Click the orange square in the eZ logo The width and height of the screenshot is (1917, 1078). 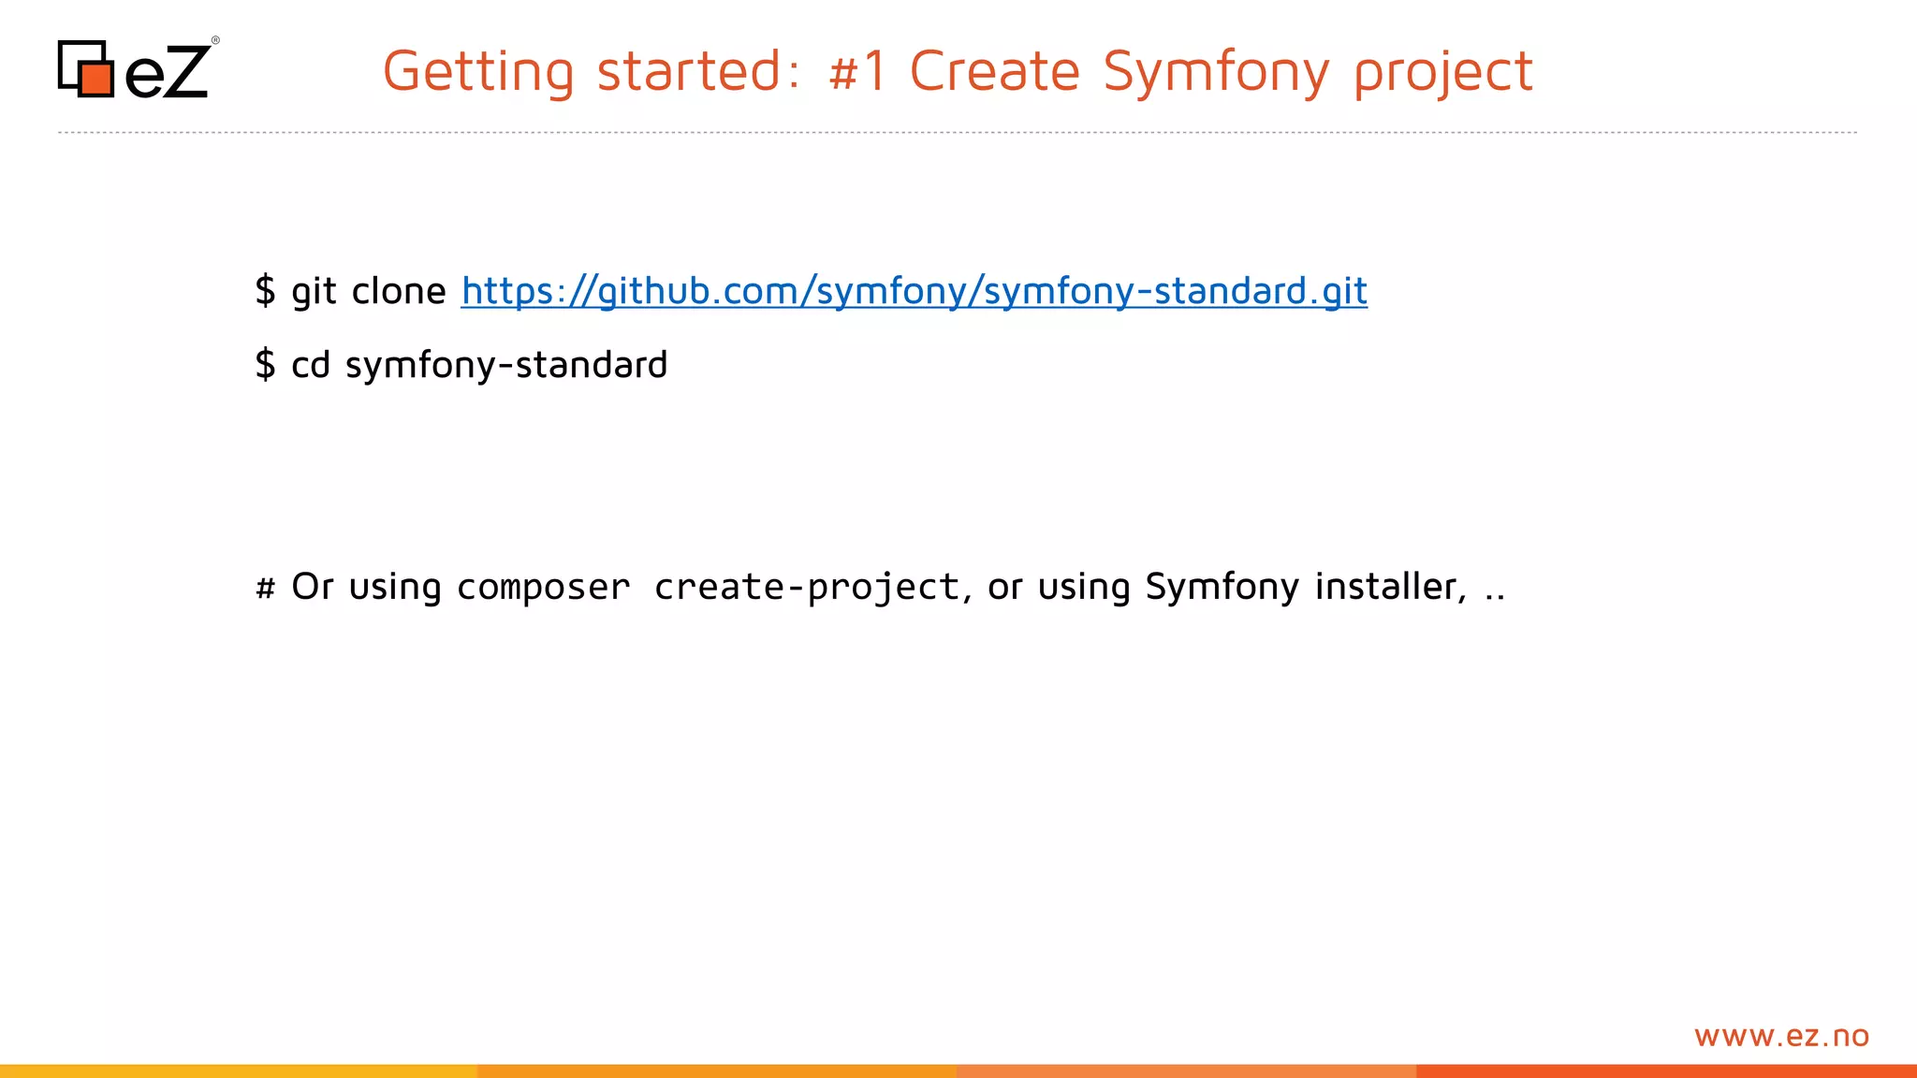95,78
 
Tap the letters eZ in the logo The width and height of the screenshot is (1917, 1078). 167,73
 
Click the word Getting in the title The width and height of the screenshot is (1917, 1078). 477,72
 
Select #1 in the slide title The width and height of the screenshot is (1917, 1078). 857,72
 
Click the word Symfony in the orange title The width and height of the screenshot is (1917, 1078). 1215,72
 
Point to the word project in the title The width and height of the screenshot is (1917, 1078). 1442,72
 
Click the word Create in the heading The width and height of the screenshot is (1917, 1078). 994,72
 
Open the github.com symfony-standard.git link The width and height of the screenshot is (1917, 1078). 914,291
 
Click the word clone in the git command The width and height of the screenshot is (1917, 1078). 399,291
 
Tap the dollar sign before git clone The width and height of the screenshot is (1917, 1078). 265,291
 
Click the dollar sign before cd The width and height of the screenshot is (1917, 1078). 265,364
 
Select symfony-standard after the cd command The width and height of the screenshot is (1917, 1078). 506,365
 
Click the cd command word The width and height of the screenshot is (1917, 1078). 311,365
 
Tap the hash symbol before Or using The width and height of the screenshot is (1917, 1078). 265,588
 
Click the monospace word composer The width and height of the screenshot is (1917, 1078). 543,588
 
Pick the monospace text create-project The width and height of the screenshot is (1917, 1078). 807,588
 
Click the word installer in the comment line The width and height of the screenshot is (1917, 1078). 1388,587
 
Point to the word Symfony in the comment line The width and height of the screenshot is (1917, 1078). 1222,587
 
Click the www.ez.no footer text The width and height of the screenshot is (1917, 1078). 1780,1036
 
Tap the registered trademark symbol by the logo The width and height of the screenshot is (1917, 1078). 215,40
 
